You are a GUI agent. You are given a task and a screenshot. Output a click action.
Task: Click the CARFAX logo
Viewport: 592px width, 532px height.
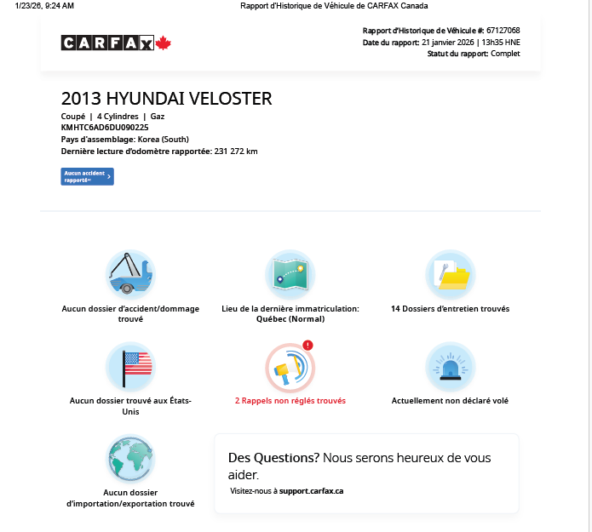coord(107,43)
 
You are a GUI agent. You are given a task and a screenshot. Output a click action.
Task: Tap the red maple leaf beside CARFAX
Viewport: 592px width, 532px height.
coord(164,43)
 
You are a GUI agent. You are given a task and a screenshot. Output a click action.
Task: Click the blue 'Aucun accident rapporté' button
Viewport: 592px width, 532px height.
coord(88,176)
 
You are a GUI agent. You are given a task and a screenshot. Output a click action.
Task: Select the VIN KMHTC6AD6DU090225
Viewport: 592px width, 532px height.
coord(105,127)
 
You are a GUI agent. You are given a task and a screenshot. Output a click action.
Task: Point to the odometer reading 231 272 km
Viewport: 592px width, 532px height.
coord(236,152)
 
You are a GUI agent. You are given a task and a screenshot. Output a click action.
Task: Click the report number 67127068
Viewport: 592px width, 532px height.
coord(503,31)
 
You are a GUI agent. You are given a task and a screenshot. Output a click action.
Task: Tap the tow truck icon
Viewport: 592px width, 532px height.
coord(130,274)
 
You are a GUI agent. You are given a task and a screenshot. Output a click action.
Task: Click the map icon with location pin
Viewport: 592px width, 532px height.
coord(290,274)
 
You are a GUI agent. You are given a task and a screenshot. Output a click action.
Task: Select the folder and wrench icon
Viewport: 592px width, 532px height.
coord(450,274)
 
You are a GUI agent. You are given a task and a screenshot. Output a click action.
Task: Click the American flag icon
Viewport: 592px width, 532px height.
coord(130,366)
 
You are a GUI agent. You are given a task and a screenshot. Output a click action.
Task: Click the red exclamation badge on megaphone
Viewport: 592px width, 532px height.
coord(308,345)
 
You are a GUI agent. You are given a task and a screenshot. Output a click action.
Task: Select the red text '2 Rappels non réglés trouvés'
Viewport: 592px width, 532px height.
coord(290,400)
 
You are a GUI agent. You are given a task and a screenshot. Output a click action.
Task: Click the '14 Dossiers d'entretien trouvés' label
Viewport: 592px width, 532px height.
coord(450,308)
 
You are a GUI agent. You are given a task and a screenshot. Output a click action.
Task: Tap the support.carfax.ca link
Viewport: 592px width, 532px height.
coord(312,491)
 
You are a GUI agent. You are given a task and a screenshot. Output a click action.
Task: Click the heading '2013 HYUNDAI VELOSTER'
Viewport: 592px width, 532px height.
coord(167,99)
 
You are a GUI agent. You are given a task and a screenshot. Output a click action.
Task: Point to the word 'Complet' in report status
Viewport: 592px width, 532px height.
coord(505,54)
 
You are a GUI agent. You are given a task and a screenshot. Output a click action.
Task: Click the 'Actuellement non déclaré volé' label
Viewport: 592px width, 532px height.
coord(450,400)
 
